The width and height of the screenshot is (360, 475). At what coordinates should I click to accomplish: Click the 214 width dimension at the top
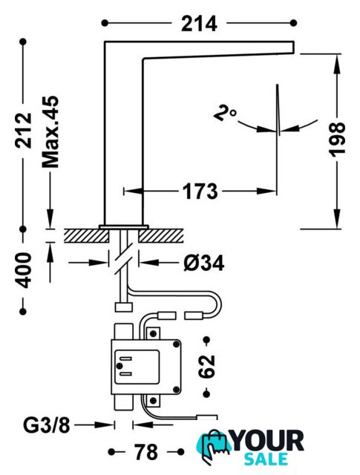(x=199, y=24)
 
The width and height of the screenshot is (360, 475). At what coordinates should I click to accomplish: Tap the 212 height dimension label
(x=24, y=131)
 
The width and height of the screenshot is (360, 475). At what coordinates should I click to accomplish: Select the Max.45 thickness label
(x=50, y=132)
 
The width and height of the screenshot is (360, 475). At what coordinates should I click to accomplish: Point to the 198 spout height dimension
(x=337, y=140)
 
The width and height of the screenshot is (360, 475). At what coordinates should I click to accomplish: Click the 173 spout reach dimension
(x=200, y=191)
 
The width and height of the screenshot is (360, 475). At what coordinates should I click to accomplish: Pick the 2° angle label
(x=225, y=113)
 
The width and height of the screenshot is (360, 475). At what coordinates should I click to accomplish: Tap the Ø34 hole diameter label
(x=204, y=263)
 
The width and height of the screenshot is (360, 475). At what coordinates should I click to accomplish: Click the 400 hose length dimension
(x=23, y=270)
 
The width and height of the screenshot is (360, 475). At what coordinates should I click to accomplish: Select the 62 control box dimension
(x=206, y=367)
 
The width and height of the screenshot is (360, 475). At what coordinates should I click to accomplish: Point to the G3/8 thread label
(x=47, y=425)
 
